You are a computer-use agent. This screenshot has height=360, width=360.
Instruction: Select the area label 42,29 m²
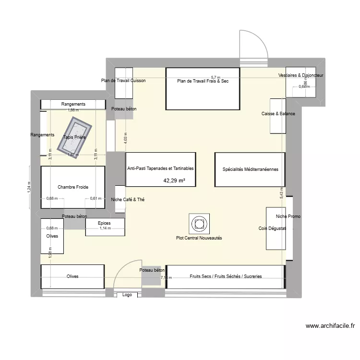point(174,181)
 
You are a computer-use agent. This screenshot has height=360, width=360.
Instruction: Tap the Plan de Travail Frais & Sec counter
point(202,89)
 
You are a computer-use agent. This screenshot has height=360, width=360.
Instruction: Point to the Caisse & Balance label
point(278,114)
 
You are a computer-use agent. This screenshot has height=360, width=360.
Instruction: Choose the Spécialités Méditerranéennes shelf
point(250,169)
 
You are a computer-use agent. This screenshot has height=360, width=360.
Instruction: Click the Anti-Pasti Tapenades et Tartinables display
point(160,169)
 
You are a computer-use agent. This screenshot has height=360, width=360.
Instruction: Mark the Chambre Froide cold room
point(73,187)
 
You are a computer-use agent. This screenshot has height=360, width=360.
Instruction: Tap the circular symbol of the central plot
point(199,223)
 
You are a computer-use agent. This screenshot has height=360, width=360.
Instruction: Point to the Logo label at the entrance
point(127,295)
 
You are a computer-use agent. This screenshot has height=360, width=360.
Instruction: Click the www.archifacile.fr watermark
point(331,325)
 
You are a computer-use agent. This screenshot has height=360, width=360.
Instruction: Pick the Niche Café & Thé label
point(127,199)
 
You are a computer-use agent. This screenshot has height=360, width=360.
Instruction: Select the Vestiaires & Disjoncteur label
point(300,76)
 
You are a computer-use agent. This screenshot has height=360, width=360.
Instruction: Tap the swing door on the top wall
point(253,44)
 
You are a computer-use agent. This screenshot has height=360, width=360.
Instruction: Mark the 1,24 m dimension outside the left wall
point(29,188)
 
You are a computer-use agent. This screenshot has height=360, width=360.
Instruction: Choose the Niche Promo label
point(288,216)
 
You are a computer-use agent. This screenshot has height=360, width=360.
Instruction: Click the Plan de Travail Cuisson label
point(123,81)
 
